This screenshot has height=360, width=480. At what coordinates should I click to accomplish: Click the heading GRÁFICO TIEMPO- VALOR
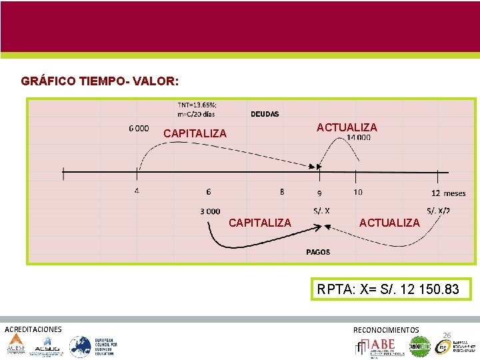(99, 81)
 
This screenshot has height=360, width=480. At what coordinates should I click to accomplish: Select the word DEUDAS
(265, 114)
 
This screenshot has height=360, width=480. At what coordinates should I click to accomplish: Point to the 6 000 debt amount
(139, 129)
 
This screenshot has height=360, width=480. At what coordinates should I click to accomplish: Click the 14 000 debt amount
(358, 138)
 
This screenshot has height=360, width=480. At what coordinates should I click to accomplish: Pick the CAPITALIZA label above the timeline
(195, 134)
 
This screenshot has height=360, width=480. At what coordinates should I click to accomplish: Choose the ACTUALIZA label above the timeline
(347, 127)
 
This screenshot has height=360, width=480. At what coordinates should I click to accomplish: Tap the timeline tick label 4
(136, 191)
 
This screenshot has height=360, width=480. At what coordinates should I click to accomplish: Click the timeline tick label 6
(209, 191)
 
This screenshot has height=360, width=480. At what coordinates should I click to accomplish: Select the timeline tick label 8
(282, 191)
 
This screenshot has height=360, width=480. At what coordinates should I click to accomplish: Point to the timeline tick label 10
(358, 192)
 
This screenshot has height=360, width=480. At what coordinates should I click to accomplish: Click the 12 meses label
(448, 193)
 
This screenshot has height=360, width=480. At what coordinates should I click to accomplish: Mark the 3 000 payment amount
(210, 211)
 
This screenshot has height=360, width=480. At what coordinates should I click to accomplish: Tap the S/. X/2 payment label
(438, 211)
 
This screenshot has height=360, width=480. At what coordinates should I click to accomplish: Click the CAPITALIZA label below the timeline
(259, 223)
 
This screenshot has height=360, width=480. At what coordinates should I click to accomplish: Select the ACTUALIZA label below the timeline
(389, 223)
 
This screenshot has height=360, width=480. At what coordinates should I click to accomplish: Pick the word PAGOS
(318, 252)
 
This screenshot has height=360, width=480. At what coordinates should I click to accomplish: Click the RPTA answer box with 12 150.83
(388, 289)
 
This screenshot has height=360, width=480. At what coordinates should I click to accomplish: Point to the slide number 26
(447, 335)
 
